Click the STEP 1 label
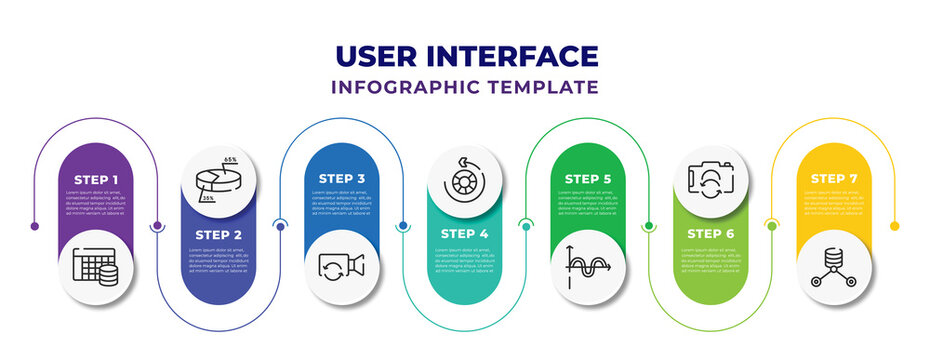95,179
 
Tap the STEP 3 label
341,179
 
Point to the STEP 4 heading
464,233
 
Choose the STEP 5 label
587,179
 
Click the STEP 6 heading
710,233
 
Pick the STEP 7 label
833,179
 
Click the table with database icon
95,265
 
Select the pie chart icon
218,181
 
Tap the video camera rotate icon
341,265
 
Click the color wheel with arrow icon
464,181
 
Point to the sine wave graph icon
587,267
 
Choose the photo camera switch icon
710,181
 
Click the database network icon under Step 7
833,267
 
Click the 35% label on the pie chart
208,199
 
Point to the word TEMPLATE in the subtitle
549,87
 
